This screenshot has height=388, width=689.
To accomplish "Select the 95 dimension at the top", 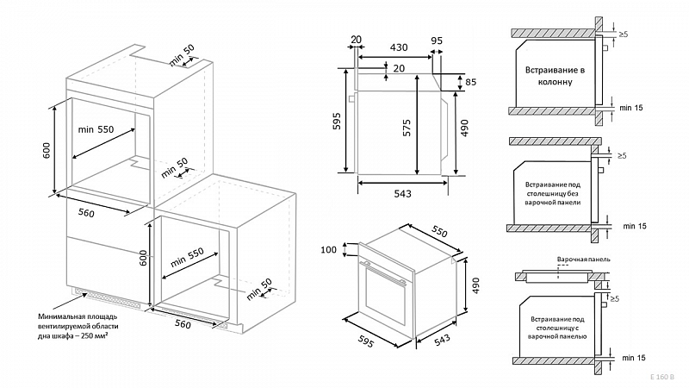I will [x=437, y=40].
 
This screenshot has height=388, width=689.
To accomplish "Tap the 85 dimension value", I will [x=470, y=83].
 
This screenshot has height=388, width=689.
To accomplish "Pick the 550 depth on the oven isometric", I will [x=438, y=234].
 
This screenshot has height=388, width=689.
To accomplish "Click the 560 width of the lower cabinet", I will [x=182, y=324].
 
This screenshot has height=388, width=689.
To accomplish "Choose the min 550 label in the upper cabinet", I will [x=96, y=128].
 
